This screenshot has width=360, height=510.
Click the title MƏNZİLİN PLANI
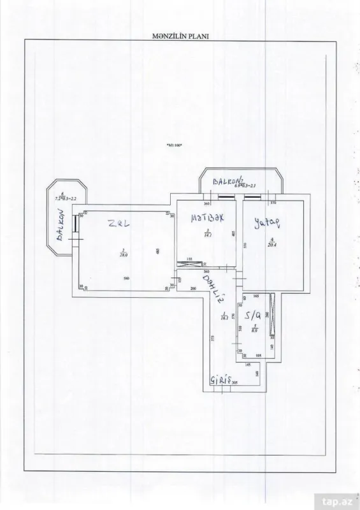[x=181, y=36]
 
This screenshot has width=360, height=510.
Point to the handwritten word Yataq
[x=267, y=221]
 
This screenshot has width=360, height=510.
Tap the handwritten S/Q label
[x=254, y=315]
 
